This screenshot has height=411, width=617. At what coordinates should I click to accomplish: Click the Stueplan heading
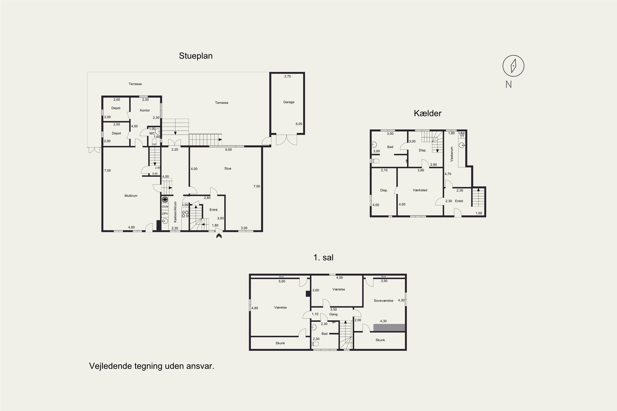(196, 56)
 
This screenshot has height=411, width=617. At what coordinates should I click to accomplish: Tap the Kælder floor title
(428, 113)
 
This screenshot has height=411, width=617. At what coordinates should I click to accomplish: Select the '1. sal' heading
(324, 257)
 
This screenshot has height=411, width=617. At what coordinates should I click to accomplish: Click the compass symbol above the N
(513, 66)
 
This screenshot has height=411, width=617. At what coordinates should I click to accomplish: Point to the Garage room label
(289, 102)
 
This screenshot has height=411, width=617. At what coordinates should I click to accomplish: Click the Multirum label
(131, 196)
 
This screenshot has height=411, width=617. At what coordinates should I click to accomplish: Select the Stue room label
(228, 169)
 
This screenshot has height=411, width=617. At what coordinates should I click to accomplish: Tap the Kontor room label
(145, 110)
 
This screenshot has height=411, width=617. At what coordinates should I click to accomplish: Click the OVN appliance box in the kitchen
(165, 207)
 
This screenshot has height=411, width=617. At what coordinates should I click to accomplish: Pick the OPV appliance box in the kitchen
(165, 214)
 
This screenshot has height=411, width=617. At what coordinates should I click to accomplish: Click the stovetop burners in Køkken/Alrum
(185, 214)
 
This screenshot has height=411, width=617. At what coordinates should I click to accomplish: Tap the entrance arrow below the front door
(219, 236)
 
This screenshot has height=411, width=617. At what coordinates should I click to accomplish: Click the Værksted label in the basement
(420, 190)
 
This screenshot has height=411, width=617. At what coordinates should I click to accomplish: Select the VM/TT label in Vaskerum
(462, 135)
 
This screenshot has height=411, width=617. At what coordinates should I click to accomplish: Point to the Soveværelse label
(384, 301)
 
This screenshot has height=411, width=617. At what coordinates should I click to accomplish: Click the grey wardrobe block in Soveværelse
(389, 328)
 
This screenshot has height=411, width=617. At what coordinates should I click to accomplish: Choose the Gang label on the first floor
(333, 314)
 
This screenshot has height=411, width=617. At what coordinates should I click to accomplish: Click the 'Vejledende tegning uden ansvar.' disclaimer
(152, 366)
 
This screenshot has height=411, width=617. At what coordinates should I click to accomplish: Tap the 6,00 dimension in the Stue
(228, 150)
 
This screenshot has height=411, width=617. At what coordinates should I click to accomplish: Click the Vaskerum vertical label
(452, 154)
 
